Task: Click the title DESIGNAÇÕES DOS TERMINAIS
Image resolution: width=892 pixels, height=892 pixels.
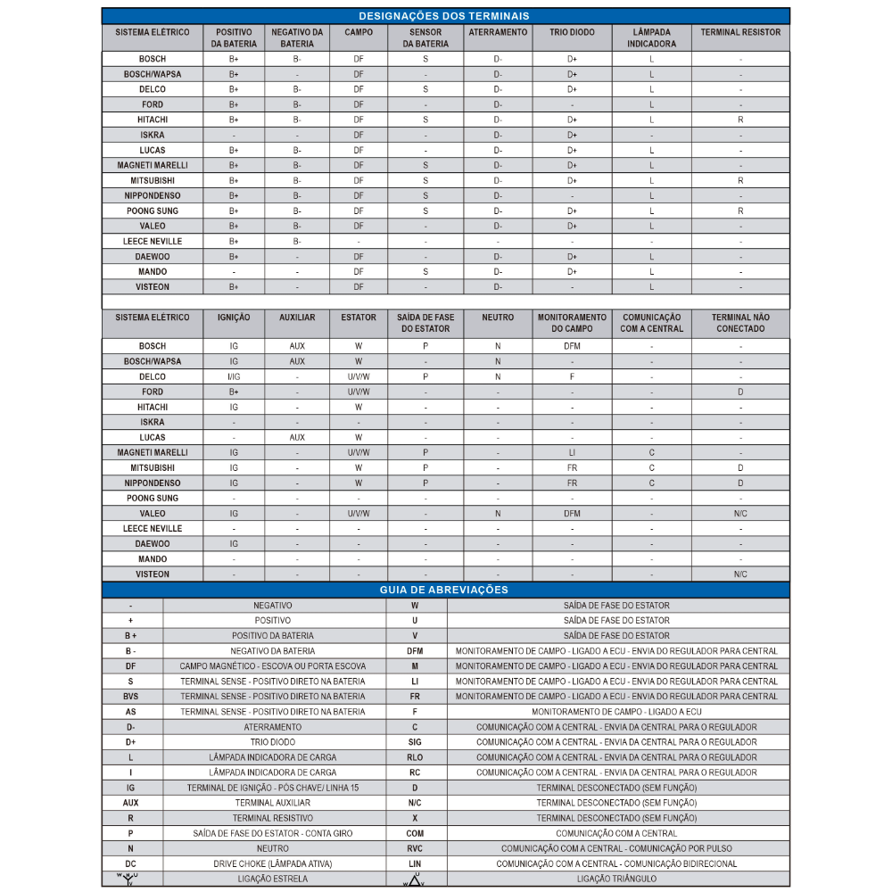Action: tap(443, 16)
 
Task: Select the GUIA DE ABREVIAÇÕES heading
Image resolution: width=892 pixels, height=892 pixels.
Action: tap(443, 590)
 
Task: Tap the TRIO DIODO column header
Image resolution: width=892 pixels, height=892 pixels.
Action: tap(572, 32)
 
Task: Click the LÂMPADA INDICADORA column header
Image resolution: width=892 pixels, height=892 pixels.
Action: tap(651, 37)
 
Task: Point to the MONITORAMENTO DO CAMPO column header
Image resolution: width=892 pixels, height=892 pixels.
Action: tap(572, 323)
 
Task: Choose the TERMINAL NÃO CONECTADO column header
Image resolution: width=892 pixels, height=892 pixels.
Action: tap(740, 323)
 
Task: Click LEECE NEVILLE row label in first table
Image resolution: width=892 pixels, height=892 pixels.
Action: tap(153, 241)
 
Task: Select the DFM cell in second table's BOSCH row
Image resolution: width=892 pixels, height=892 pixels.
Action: tap(572, 346)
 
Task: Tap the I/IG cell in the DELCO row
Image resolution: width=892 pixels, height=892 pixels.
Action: tap(234, 376)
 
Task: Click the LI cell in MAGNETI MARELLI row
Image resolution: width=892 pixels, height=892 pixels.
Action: tap(572, 452)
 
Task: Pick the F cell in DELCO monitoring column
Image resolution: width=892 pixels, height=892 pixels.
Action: tap(572, 376)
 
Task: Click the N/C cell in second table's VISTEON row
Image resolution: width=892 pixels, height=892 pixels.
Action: tap(740, 574)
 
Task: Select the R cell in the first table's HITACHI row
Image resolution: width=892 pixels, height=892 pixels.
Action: tap(740, 120)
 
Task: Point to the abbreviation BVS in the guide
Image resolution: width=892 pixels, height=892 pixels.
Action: tap(131, 697)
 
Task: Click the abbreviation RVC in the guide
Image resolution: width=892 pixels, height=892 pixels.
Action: tap(415, 848)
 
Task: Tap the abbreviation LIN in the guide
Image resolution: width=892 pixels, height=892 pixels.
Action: tap(415, 863)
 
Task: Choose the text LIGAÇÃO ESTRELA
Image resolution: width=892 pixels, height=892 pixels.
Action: tap(273, 879)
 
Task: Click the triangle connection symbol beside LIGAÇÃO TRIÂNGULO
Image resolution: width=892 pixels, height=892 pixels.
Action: tap(414, 880)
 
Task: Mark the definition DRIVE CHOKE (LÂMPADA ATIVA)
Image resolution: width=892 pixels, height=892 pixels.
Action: tap(273, 863)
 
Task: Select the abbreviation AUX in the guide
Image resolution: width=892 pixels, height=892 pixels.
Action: tap(131, 803)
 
